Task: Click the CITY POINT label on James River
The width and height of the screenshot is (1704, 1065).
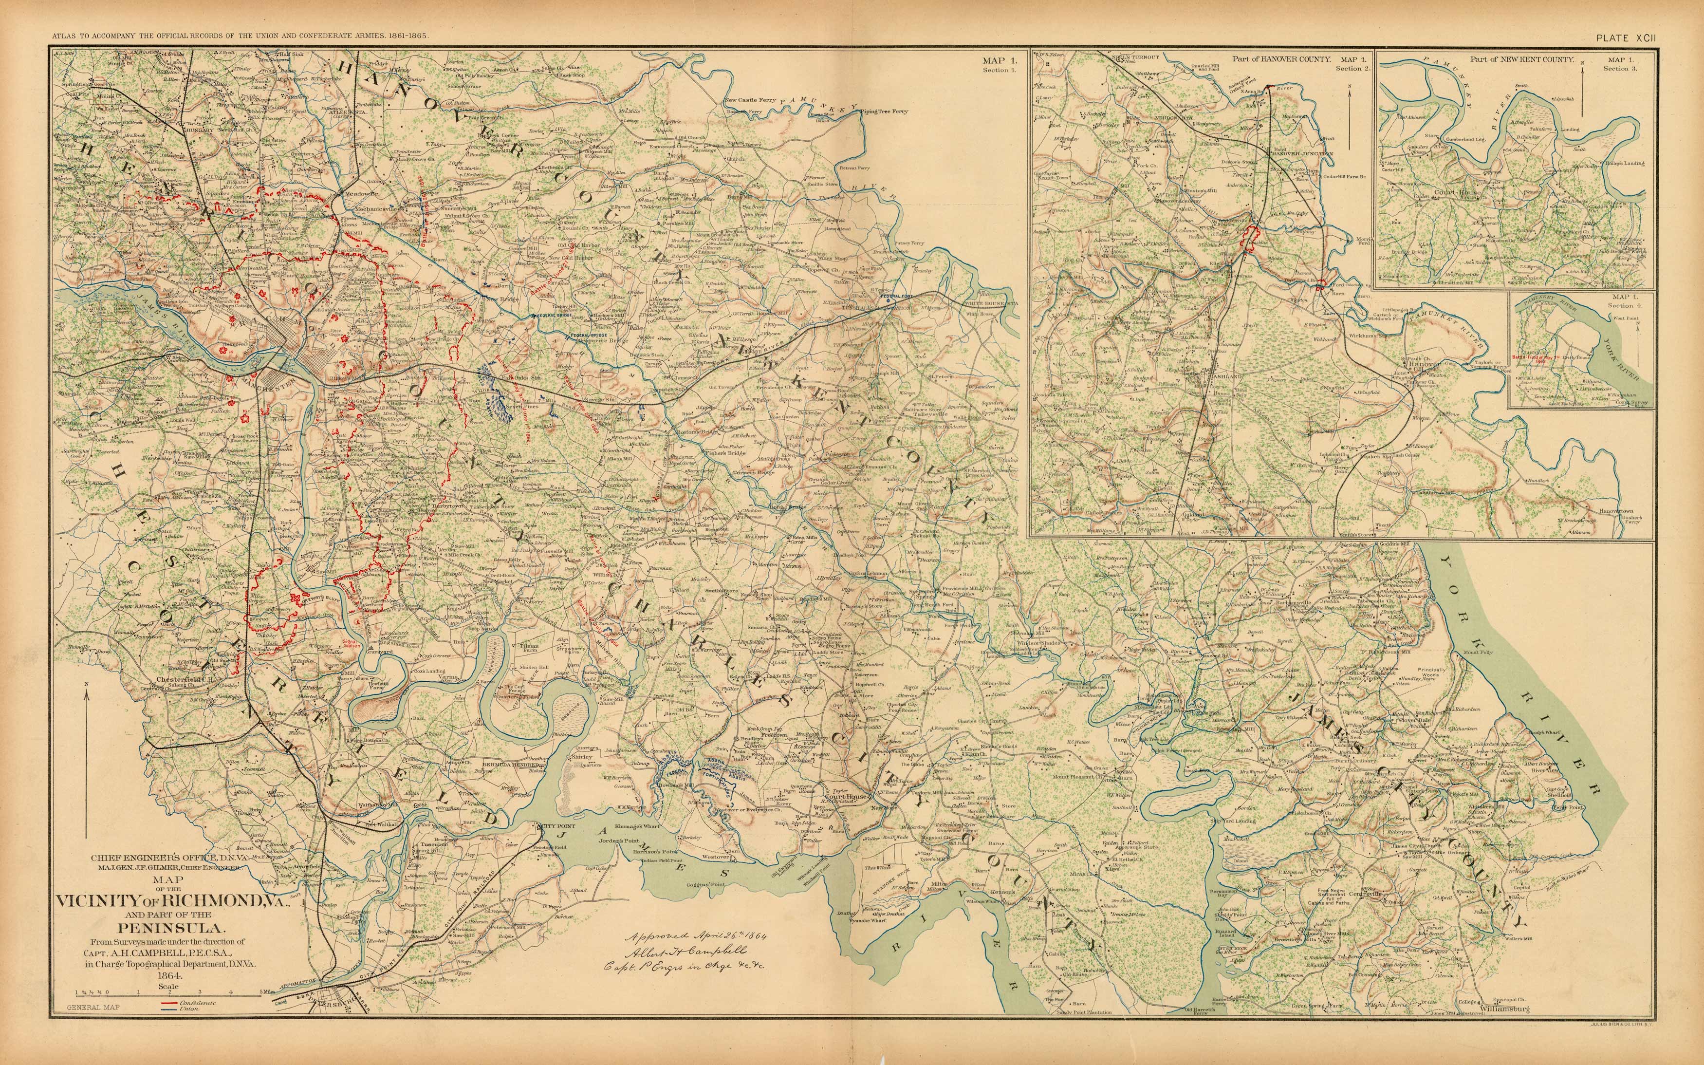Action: pyautogui.click(x=556, y=825)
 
